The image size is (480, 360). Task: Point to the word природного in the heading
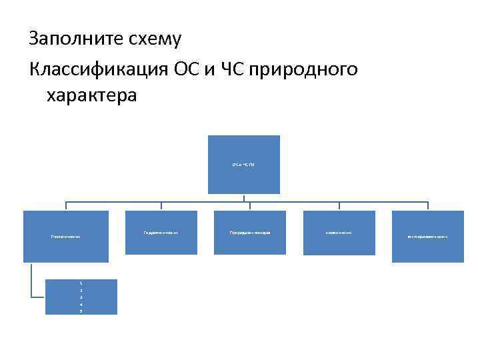(x=303, y=68)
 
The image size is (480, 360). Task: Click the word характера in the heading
(x=92, y=96)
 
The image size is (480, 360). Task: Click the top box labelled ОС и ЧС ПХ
(x=243, y=164)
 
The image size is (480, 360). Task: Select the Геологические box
(x=65, y=237)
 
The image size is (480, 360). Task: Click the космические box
(x=339, y=232)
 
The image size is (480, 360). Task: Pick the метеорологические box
(x=427, y=237)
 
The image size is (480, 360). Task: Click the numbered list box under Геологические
(x=81, y=297)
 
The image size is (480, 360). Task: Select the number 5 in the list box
(x=81, y=311)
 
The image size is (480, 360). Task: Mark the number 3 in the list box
(x=81, y=297)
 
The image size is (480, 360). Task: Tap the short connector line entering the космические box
(x=339, y=206)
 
